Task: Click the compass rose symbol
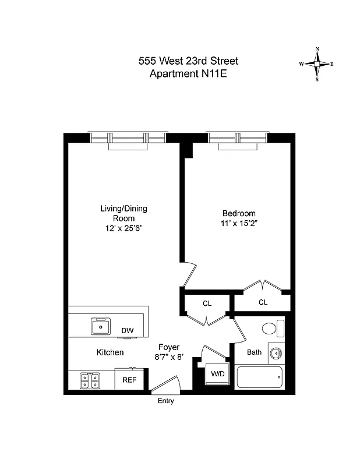316,64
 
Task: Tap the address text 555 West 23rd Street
188,61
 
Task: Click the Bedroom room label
239,213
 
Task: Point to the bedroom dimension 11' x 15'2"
239,223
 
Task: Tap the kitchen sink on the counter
101,326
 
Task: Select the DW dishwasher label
128,331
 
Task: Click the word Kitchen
110,352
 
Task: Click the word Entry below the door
166,401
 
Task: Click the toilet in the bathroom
270,329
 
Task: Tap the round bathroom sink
276,353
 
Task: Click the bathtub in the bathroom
260,379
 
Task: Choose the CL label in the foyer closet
207,303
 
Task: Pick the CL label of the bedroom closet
263,302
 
